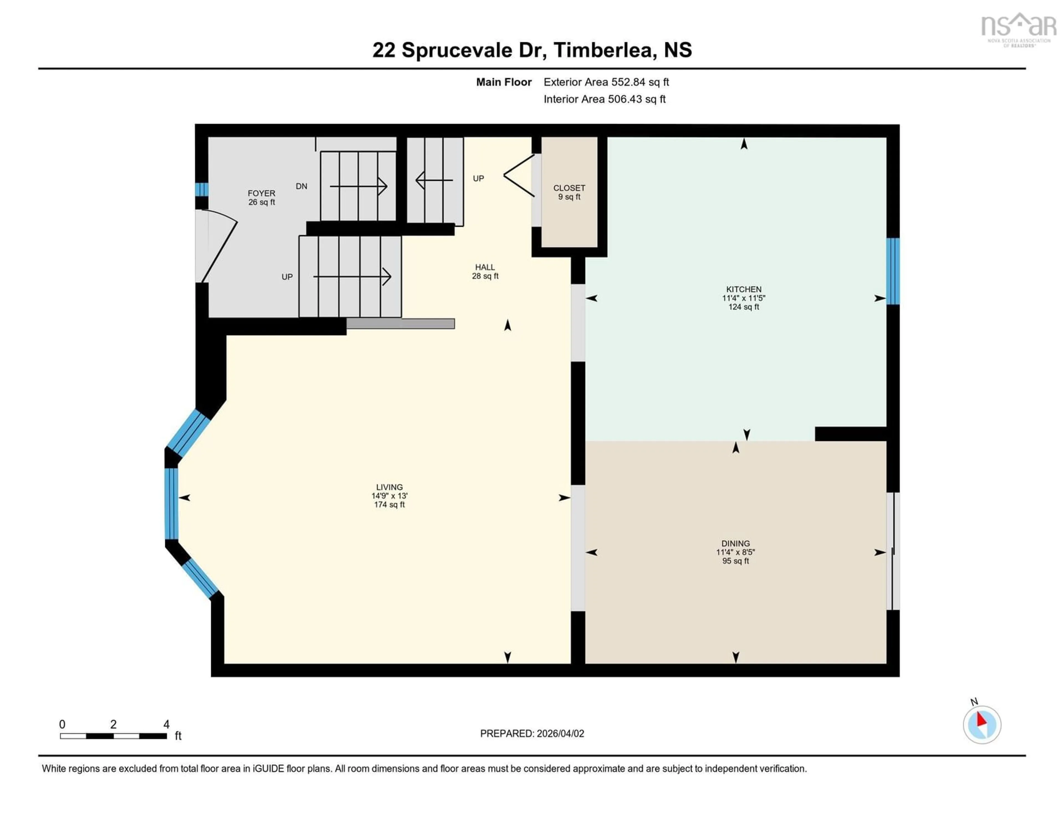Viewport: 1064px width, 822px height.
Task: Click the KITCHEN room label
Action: coord(743,289)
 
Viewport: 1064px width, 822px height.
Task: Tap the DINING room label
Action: coord(735,543)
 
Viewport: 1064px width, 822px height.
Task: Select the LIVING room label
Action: coord(389,487)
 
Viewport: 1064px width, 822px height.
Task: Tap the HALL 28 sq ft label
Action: coord(485,271)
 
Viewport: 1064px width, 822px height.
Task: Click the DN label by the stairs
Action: coord(301,186)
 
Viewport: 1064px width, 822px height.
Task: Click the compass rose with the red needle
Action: coord(982,724)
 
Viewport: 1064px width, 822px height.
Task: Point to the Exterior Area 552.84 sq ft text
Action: coord(606,82)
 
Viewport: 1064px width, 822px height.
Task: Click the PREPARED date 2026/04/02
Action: coord(532,733)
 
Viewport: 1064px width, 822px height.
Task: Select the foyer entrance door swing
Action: coord(217,246)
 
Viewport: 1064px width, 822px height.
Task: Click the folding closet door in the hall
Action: coord(519,176)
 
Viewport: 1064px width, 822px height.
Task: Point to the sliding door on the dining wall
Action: coord(892,551)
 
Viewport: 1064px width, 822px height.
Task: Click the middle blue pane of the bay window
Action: coord(171,503)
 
